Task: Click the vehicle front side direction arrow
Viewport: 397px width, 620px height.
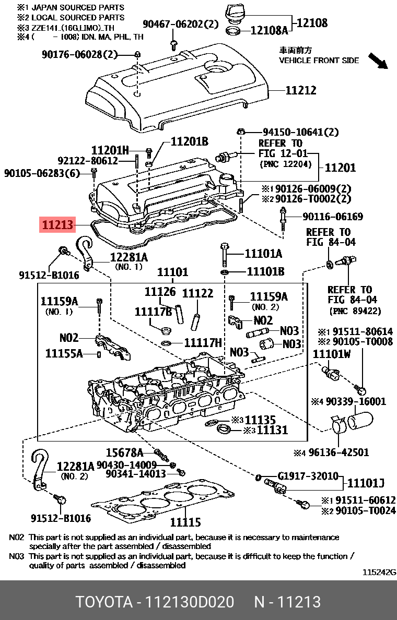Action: pyautogui.click(x=378, y=61)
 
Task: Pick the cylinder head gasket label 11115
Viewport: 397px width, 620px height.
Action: pyautogui.click(x=185, y=522)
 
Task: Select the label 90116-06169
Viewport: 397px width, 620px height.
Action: pyautogui.click(x=333, y=217)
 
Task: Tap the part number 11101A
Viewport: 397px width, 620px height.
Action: pyautogui.click(x=264, y=254)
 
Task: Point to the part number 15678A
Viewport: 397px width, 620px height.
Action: pyautogui.click(x=124, y=452)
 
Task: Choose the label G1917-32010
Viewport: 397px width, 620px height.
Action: pyautogui.click(x=308, y=476)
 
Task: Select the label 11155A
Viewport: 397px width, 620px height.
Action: pyautogui.click(x=64, y=353)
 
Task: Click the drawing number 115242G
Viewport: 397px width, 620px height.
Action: pyautogui.click(x=379, y=573)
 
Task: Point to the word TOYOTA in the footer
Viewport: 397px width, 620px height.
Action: pyautogui.click(x=103, y=602)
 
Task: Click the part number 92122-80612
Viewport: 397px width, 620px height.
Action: pyautogui.click(x=87, y=161)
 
